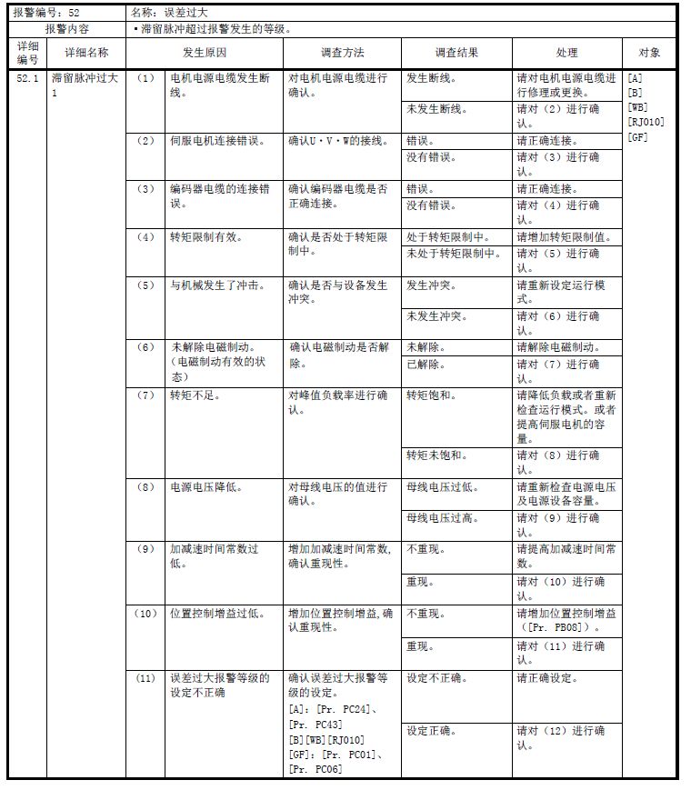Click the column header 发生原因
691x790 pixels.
point(204,53)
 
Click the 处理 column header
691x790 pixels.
point(566,53)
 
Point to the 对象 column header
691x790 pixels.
point(649,53)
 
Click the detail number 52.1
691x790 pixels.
point(27,79)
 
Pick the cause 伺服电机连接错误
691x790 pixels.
point(217,141)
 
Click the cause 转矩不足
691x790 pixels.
point(195,395)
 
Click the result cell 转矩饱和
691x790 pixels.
point(432,395)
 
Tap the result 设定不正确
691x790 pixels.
point(437,678)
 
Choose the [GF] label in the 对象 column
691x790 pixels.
point(637,137)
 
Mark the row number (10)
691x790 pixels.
point(145,614)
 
